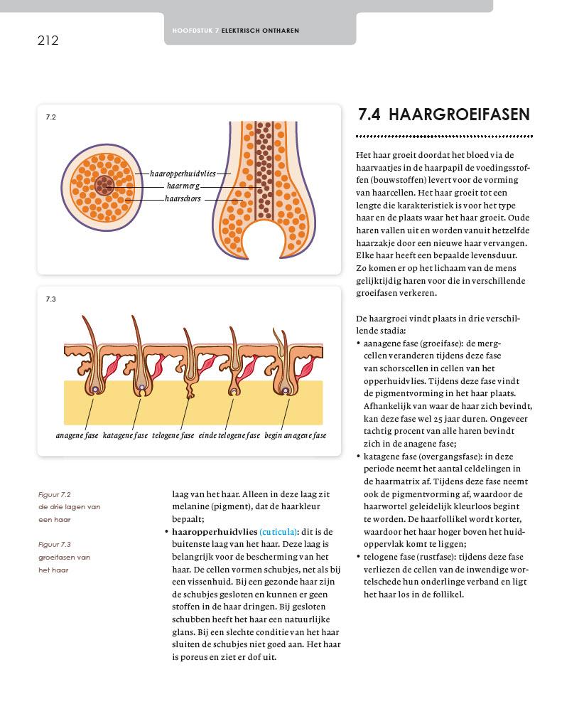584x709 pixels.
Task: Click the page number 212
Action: tap(48, 41)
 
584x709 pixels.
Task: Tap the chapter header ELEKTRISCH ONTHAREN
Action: tap(260, 31)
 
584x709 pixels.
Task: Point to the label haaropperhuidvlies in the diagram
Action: tap(183, 174)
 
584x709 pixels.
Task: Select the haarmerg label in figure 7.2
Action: tap(183, 186)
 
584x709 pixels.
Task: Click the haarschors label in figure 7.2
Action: tap(183, 199)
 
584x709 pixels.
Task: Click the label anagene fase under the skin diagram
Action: tap(77, 435)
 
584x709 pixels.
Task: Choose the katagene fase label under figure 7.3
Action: tap(125, 435)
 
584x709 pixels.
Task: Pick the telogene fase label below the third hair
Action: tap(173, 435)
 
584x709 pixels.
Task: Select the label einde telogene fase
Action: tap(229, 435)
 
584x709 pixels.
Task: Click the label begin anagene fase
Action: tap(296, 435)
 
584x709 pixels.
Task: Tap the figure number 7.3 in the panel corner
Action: tap(50, 299)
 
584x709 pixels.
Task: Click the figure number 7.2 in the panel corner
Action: tap(50, 117)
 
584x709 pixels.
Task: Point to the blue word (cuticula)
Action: tap(279, 531)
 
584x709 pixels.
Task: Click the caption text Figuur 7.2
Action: tap(55, 494)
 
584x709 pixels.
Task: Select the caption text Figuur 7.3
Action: tap(55, 545)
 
